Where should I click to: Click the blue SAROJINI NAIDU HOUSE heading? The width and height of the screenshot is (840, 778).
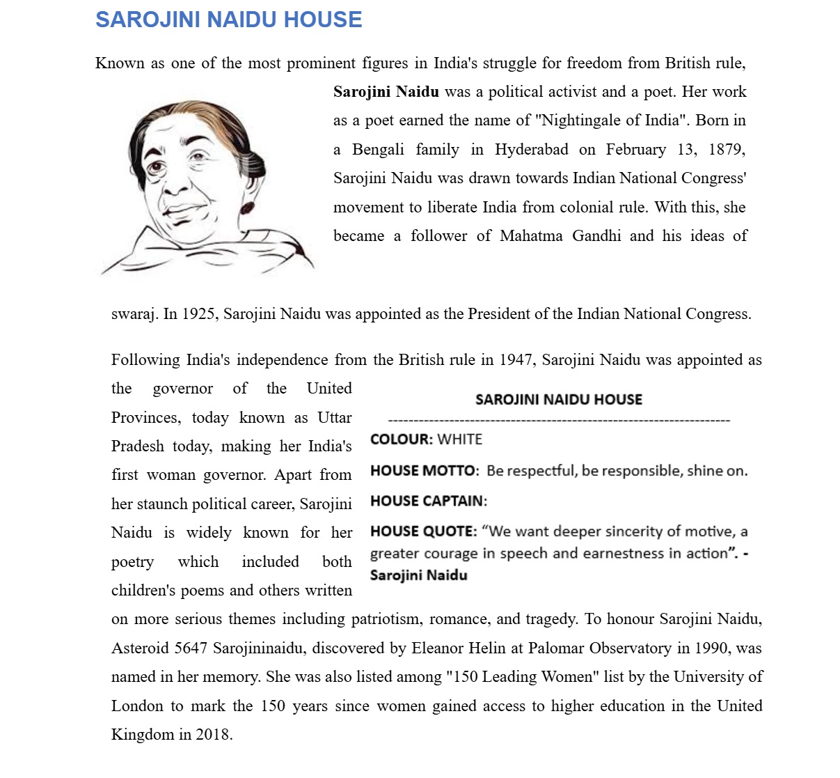pyautogui.click(x=228, y=20)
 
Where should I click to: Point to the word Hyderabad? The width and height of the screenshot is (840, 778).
pyautogui.click(x=532, y=150)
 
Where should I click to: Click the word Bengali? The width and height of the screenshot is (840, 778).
pyautogui.click(x=378, y=150)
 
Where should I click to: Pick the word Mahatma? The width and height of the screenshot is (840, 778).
pyautogui.click(x=531, y=236)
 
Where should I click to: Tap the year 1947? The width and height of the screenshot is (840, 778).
pyautogui.click(x=516, y=360)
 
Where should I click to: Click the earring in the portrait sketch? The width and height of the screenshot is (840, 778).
pyautogui.click(x=247, y=208)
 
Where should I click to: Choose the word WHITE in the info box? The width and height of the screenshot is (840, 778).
pyautogui.click(x=460, y=439)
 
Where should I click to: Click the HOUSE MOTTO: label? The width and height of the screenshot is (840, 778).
pyautogui.click(x=425, y=471)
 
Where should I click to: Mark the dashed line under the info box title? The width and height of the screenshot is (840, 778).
pyautogui.click(x=559, y=421)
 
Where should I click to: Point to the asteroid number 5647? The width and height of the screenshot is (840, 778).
pyautogui.click(x=191, y=648)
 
